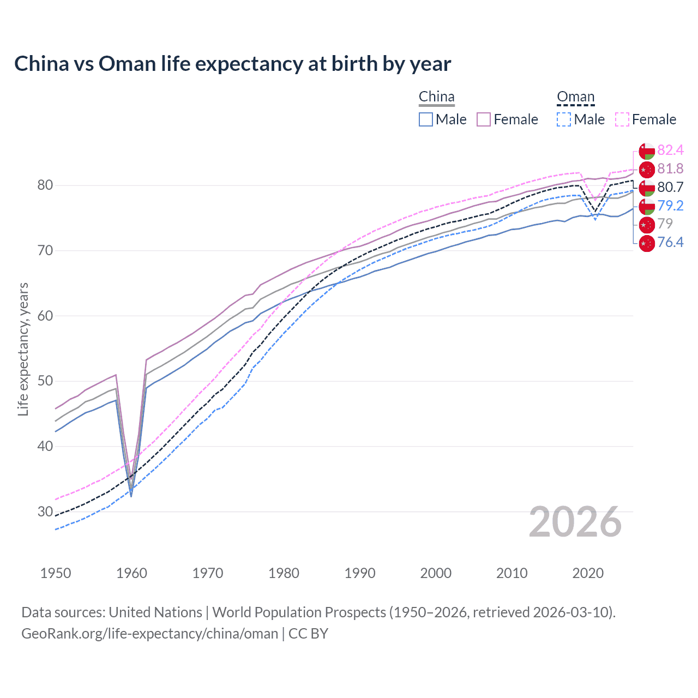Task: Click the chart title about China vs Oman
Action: pyautogui.click(x=232, y=64)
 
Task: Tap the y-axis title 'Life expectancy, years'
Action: pyautogui.click(x=23, y=349)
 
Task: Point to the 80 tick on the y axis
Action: pyautogui.click(x=45, y=185)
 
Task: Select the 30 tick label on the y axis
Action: pyautogui.click(x=45, y=512)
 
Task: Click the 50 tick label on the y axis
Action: pyautogui.click(x=45, y=381)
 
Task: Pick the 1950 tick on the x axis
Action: pyautogui.click(x=56, y=573)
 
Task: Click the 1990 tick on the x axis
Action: pyautogui.click(x=360, y=573)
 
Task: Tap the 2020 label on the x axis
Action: pyautogui.click(x=588, y=573)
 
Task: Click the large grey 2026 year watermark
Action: pyautogui.click(x=575, y=522)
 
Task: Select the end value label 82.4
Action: pyautogui.click(x=670, y=151)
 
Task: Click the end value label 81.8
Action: pyautogui.click(x=670, y=169)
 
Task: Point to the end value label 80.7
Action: pyautogui.click(x=670, y=188)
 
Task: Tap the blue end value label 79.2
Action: pyautogui.click(x=670, y=206)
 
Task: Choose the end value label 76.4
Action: pyautogui.click(x=670, y=243)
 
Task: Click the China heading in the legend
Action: pyautogui.click(x=436, y=97)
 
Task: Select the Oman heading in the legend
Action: pyautogui.click(x=575, y=97)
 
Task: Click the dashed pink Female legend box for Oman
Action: pyautogui.click(x=622, y=119)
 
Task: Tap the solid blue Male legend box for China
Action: pyautogui.click(x=426, y=119)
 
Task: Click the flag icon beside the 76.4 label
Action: pyautogui.click(x=647, y=243)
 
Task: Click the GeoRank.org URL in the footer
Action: pyautogui.click(x=149, y=634)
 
